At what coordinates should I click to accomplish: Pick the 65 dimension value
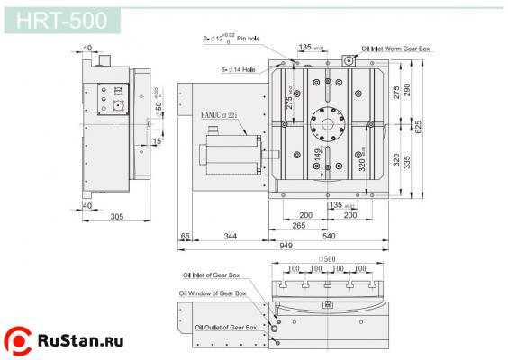[x=184, y=237]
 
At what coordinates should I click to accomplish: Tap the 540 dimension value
[x=329, y=237]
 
